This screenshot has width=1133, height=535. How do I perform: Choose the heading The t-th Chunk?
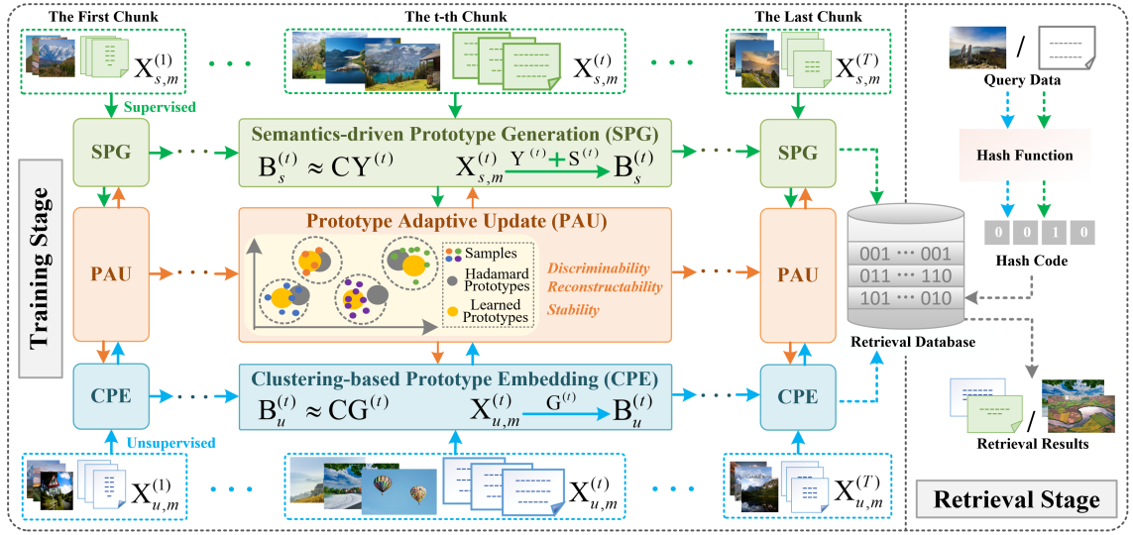(x=455, y=16)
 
